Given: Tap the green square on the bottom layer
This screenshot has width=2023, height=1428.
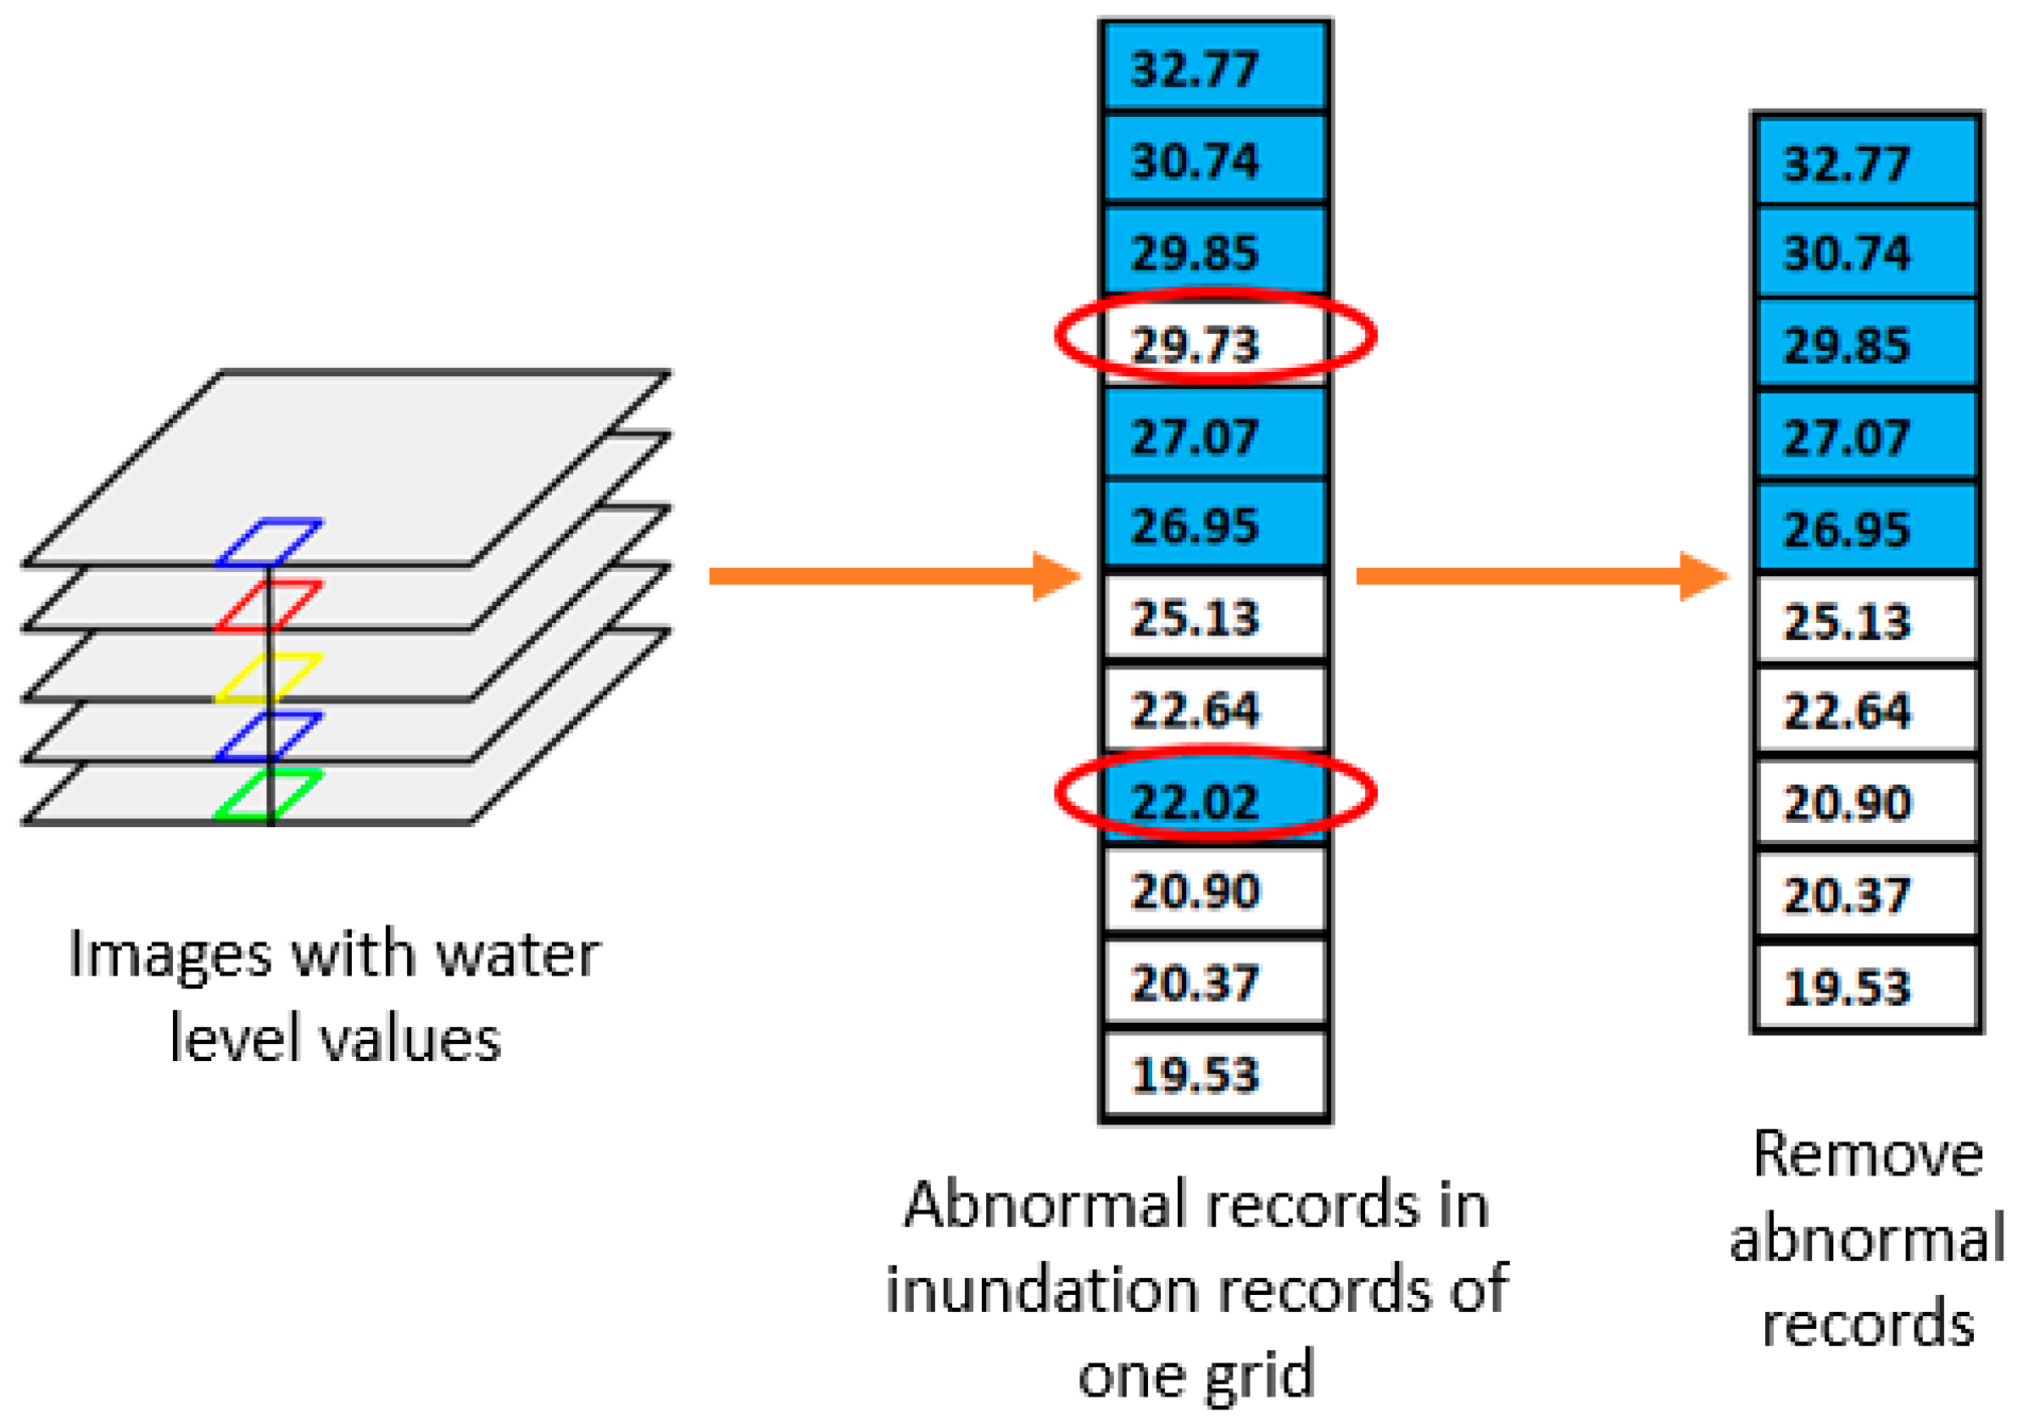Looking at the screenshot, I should pyautogui.click(x=269, y=795).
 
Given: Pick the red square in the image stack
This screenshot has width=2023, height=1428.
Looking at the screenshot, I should pyautogui.click(x=269, y=605).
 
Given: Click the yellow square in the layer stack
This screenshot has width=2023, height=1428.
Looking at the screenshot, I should pyautogui.click(x=269, y=677).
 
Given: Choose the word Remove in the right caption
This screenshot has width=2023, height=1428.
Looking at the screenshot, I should pyautogui.click(x=1868, y=1154).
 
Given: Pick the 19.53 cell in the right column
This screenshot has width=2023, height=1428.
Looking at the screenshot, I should pyautogui.click(x=1867, y=986).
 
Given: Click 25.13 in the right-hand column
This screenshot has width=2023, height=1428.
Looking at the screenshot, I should pyautogui.click(x=1867, y=620).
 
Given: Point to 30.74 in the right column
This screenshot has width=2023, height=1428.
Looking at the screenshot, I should pyautogui.click(x=1867, y=253).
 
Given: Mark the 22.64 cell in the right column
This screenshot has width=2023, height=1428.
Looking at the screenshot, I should pyautogui.click(x=1867, y=711).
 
